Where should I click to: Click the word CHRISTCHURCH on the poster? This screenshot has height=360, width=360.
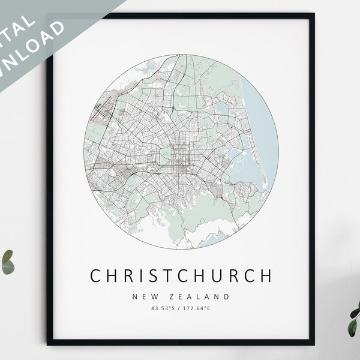pos(181,275)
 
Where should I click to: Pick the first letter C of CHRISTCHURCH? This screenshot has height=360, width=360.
pos(96,275)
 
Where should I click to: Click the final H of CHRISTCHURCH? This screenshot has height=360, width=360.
pos(266,275)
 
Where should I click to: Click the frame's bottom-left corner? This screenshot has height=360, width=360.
pos(50,343)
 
